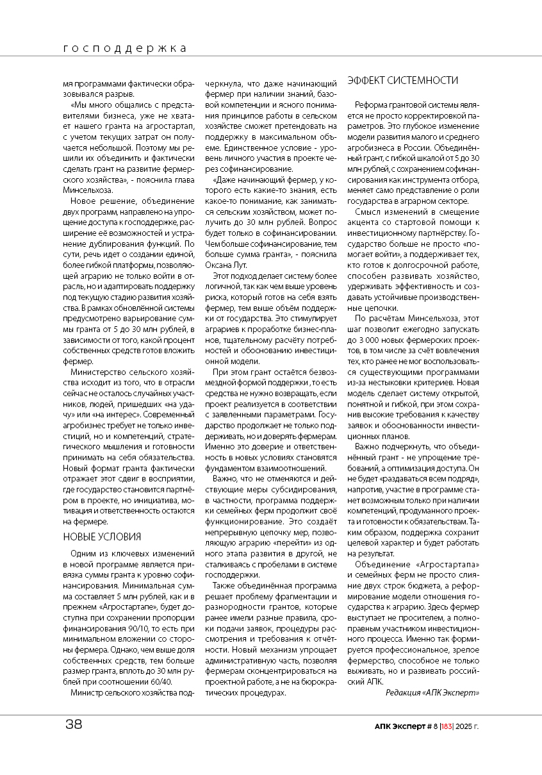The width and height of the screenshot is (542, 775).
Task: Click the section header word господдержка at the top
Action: coord(125,48)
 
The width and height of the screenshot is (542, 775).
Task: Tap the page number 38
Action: coord(74,724)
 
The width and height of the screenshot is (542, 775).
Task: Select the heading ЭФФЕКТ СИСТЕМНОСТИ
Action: coord(402,80)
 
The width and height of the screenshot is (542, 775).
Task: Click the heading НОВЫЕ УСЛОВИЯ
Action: coord(102,537)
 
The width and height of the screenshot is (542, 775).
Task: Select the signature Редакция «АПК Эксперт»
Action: coord(432,692)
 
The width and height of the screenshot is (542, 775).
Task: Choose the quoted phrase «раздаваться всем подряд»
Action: coord(423,479)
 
